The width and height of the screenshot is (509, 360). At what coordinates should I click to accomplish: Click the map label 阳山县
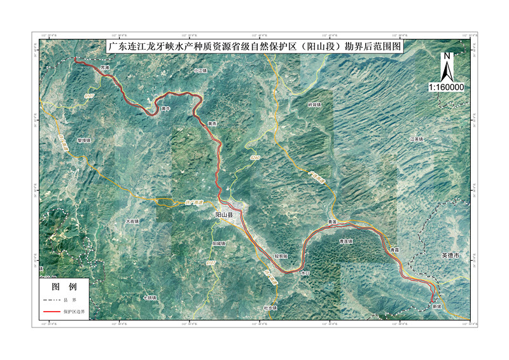pos(226,215)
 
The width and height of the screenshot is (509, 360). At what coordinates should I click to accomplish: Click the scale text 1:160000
pos(447,87)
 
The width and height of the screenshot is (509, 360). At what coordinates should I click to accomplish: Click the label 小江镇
pos(201,71)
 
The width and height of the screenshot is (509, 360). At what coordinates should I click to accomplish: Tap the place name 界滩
pos(105,67)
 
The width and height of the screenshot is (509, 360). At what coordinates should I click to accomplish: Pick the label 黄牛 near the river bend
pos(167,109)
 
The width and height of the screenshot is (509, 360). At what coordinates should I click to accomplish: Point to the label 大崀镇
pos(132,221)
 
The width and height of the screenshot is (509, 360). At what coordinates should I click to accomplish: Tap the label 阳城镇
pos(218,244)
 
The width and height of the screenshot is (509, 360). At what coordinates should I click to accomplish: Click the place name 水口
pos(305,273)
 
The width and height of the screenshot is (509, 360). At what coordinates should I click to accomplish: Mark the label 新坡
pos(436,306)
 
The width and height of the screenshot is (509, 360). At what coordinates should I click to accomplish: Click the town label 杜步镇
pos(270,308)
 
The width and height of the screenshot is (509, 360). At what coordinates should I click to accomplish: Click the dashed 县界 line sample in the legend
pos(52,299)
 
